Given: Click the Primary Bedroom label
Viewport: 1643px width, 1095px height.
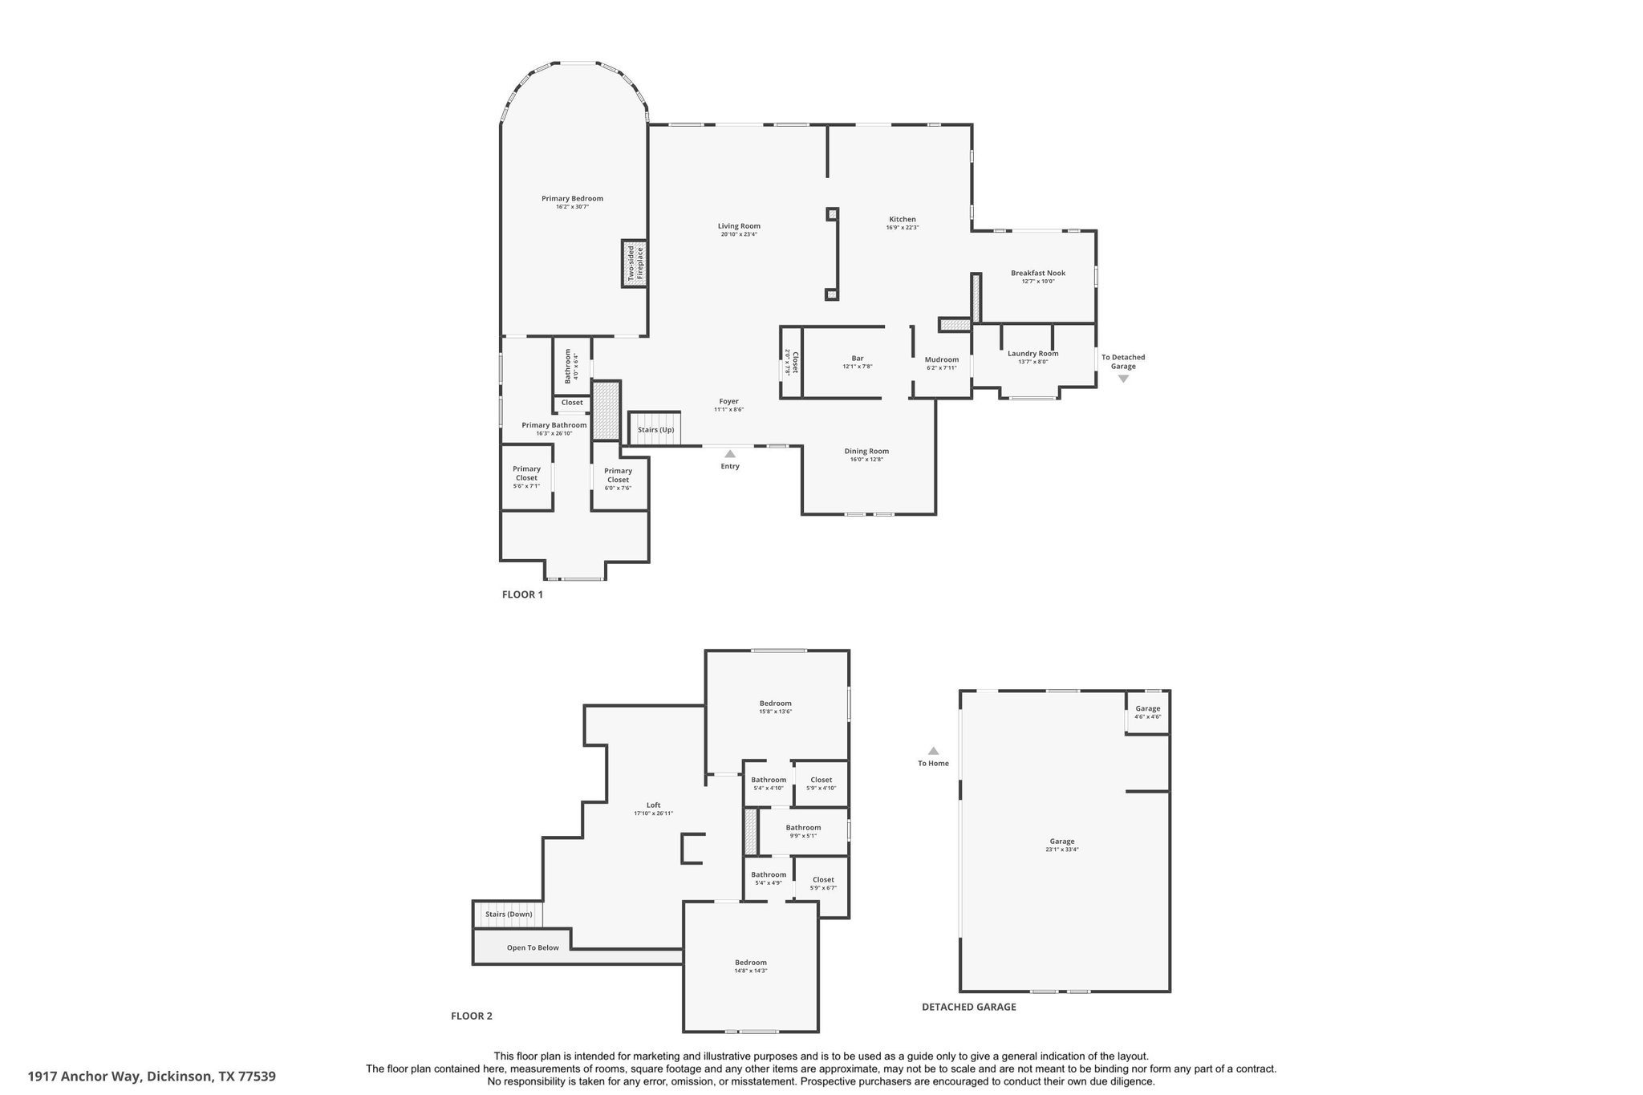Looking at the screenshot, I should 571,199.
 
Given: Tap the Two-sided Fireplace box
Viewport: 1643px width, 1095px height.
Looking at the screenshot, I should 634,263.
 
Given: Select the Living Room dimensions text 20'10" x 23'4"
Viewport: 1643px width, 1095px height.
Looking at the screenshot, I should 738,234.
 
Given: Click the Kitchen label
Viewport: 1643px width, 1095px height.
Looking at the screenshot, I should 902,219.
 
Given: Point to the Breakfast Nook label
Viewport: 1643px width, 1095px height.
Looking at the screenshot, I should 1037,273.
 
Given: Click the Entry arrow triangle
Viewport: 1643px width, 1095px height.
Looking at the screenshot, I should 730,454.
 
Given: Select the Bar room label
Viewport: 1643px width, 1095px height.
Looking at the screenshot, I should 857,358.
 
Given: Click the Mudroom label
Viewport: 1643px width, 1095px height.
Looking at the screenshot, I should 941,359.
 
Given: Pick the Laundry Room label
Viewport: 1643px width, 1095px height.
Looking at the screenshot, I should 1032,353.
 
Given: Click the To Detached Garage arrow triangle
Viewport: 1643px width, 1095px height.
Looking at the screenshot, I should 1123,379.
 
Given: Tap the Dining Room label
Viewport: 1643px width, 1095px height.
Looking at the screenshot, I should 866,451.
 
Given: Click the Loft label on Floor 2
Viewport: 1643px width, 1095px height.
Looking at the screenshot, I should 653,805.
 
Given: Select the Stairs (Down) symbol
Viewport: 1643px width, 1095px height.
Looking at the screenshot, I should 509,914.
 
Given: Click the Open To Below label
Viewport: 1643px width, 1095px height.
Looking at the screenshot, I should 533,947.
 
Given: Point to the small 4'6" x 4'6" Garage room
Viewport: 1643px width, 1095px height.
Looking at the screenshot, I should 1147,712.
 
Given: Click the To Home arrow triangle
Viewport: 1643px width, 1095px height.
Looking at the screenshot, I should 933,751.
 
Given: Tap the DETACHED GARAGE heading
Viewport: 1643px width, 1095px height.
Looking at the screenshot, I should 968,1007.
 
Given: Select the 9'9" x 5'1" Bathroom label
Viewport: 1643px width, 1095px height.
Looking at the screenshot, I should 802,828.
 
